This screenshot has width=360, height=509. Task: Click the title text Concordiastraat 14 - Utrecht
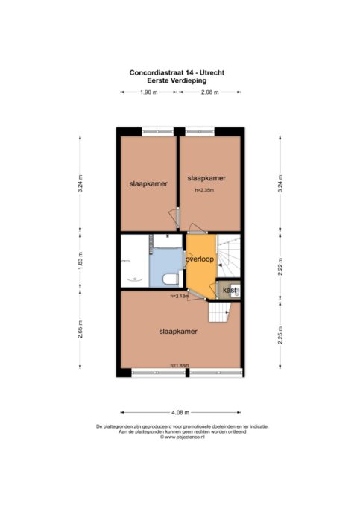[177, 72]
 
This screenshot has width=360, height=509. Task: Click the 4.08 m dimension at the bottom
[180, 411]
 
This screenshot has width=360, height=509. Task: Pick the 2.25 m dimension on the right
[280, 332]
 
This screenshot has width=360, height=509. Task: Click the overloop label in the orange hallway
[200, 259]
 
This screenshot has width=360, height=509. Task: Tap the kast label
[230, 289]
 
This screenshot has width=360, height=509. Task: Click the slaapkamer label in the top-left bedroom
[148, 183]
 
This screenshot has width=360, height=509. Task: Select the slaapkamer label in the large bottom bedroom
[177, 331]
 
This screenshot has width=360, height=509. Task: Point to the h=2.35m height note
[203, 190]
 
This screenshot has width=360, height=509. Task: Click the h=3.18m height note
[179, 296]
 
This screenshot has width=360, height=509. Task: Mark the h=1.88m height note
[179, 365]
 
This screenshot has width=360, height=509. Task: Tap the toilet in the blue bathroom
[170, 279]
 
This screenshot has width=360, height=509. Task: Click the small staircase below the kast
[219, 311]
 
